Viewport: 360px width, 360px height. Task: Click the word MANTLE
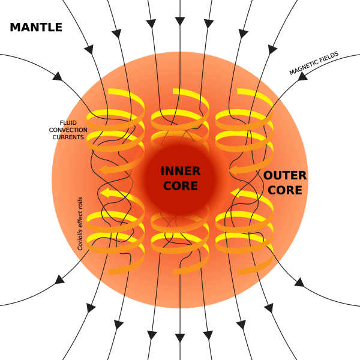pos(36,27)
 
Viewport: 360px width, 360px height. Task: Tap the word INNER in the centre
pos(181,172)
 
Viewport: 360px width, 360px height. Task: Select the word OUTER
pos(285,176)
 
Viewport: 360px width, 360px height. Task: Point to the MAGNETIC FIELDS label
pos(314,63)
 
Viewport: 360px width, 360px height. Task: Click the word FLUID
pos(68,123)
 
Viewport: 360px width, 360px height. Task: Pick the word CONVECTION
pos(70,130)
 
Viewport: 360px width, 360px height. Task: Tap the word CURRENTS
pos(68,137)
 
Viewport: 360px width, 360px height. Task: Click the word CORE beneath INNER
pos(181,186)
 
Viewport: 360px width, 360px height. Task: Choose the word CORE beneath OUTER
pos(285,190)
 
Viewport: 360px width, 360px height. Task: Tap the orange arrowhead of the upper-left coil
pos(104,170)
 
